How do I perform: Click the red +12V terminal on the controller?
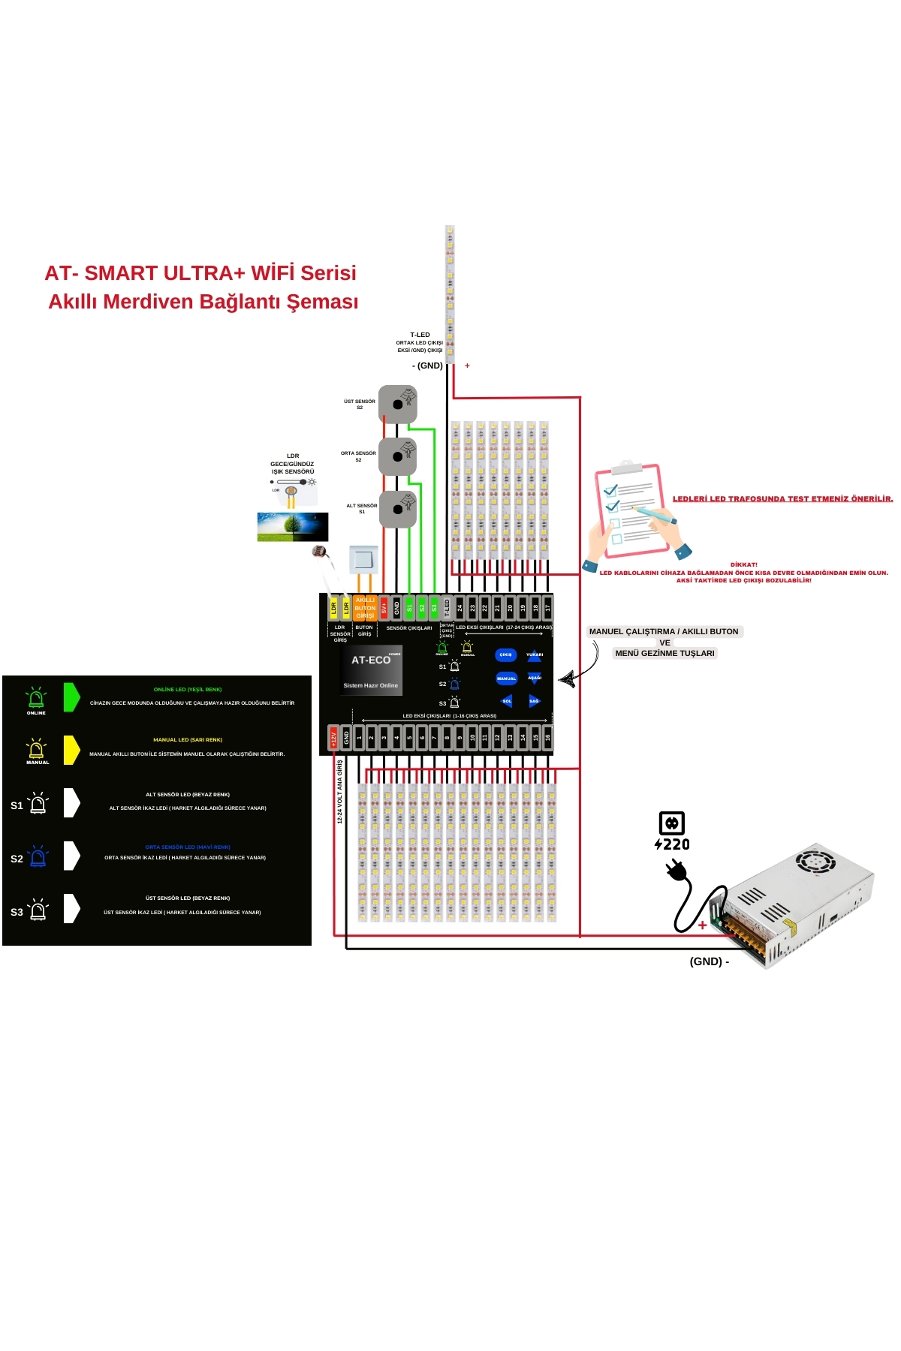pyautogui.click(x=334, y=738)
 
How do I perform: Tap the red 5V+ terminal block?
pyautogui.click(x=384, y=607)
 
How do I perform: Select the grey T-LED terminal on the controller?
pyautogui.click(x=447, y=607)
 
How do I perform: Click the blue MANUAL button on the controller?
pyautogui.click(x=506, y=678)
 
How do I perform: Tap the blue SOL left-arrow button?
pyautogui.click(x=507, y=701)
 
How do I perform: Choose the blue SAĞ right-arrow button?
pyautogui.click(x=534, y=701)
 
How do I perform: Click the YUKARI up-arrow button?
pyautogui.click(x=535, y=654)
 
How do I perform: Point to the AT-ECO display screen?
pyautogui.click(x=371, y=670)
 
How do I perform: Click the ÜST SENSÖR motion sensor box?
pyautogui.click(x=398, y=404)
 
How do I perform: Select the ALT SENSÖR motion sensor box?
pyautogui.click(x=398, y=510)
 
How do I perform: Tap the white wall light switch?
pyautogui.click(x=363, y=559)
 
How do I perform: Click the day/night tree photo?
pyautogui.click(x=293, y=527)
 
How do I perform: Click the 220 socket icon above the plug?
pyautogui.click(x=672, y=823)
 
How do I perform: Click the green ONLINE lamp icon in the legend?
pyautogui.click(x=36, y=699)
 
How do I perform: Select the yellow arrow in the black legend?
pyautogui.click(x=71, y=750)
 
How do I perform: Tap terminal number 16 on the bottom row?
pyautogui.click(x=548, y=738)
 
